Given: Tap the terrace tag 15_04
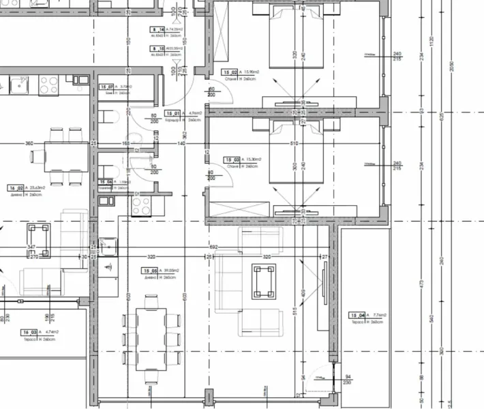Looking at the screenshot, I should (356, 315).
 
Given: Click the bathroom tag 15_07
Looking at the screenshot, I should (106, 87).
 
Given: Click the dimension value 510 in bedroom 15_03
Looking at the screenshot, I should (294, 144).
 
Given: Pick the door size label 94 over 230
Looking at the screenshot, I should (347, 379).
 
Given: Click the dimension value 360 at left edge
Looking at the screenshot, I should (29, 144).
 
